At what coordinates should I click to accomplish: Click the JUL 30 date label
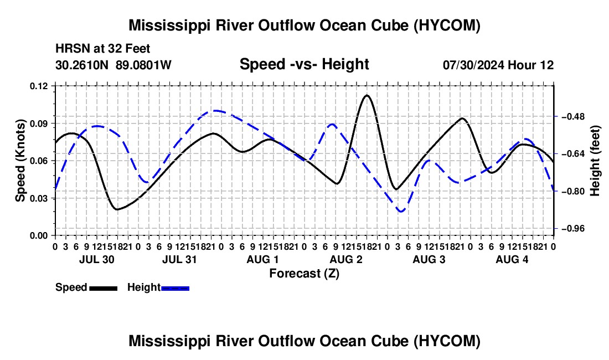click(97, 259)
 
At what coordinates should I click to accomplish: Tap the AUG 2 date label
click(346, 259)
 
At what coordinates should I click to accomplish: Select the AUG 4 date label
click(512, 259)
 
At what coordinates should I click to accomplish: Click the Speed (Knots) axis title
click(20, 161)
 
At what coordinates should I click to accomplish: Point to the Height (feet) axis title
click(595, 161)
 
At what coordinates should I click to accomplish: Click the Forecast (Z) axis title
click(304, 274)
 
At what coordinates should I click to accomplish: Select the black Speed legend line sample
click(104, 288)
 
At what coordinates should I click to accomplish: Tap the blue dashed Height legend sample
click(175, 288)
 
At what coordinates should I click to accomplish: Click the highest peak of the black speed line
click(367, 95)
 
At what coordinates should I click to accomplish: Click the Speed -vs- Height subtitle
click(304, 64)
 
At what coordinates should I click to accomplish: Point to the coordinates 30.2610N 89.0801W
click(113, 65)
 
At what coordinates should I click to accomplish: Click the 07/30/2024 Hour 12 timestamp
click(498, 65)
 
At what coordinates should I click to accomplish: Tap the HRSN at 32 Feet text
click(103, 49)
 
